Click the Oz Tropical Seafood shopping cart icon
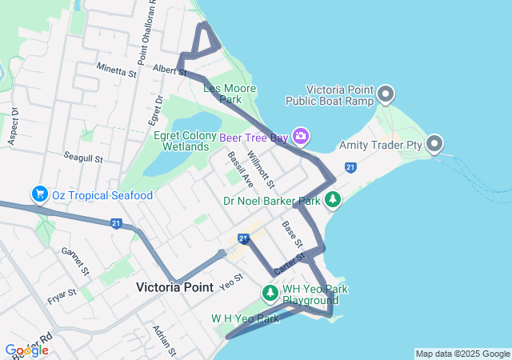(x=38, y=194)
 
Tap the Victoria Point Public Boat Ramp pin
(x=386, y=94)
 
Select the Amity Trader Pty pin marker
(x=434, y=144)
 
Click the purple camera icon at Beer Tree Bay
(x=300, y=136)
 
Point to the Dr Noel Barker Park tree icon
(x=333, y=200)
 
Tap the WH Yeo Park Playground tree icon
(x=270, y=294)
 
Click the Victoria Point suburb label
(x=174, y=286)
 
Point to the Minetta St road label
(x=117, y=70)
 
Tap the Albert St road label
(x=169, y=70)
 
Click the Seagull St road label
(x=84, y=158)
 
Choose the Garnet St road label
(x=74, y=261)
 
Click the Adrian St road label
(x=165, y=339)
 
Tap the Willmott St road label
(x=261, y=169)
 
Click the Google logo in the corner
(x=26, y=350)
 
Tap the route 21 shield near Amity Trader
(x=350, y=166)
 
